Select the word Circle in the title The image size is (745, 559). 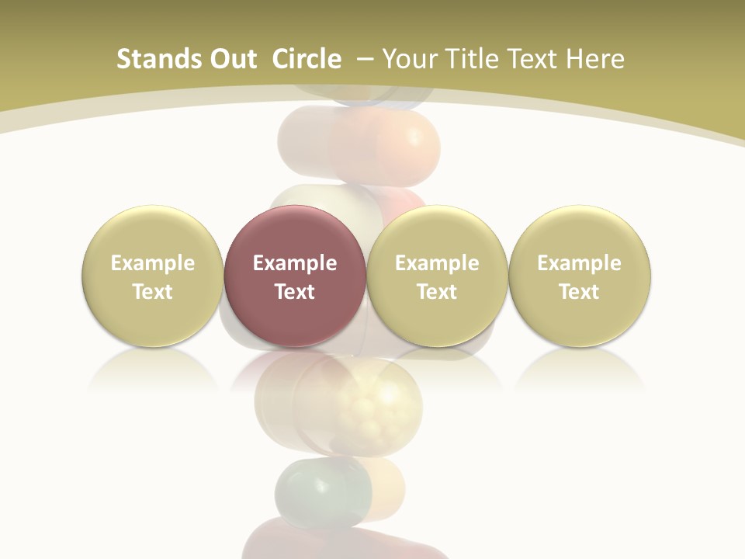[307, 59]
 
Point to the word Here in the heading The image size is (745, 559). [595, 59]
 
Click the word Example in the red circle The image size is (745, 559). [295, 263]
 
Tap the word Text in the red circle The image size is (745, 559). [295, 292]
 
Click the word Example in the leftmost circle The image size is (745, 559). [153, 263]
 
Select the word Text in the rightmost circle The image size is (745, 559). [580, 292]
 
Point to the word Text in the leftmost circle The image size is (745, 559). [153, 292]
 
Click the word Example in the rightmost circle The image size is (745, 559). [580, 263]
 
